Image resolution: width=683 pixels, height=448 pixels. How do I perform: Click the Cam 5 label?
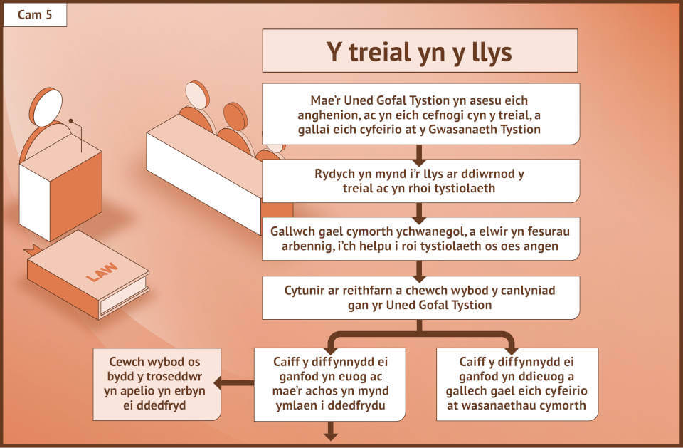(x=35, y=15)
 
